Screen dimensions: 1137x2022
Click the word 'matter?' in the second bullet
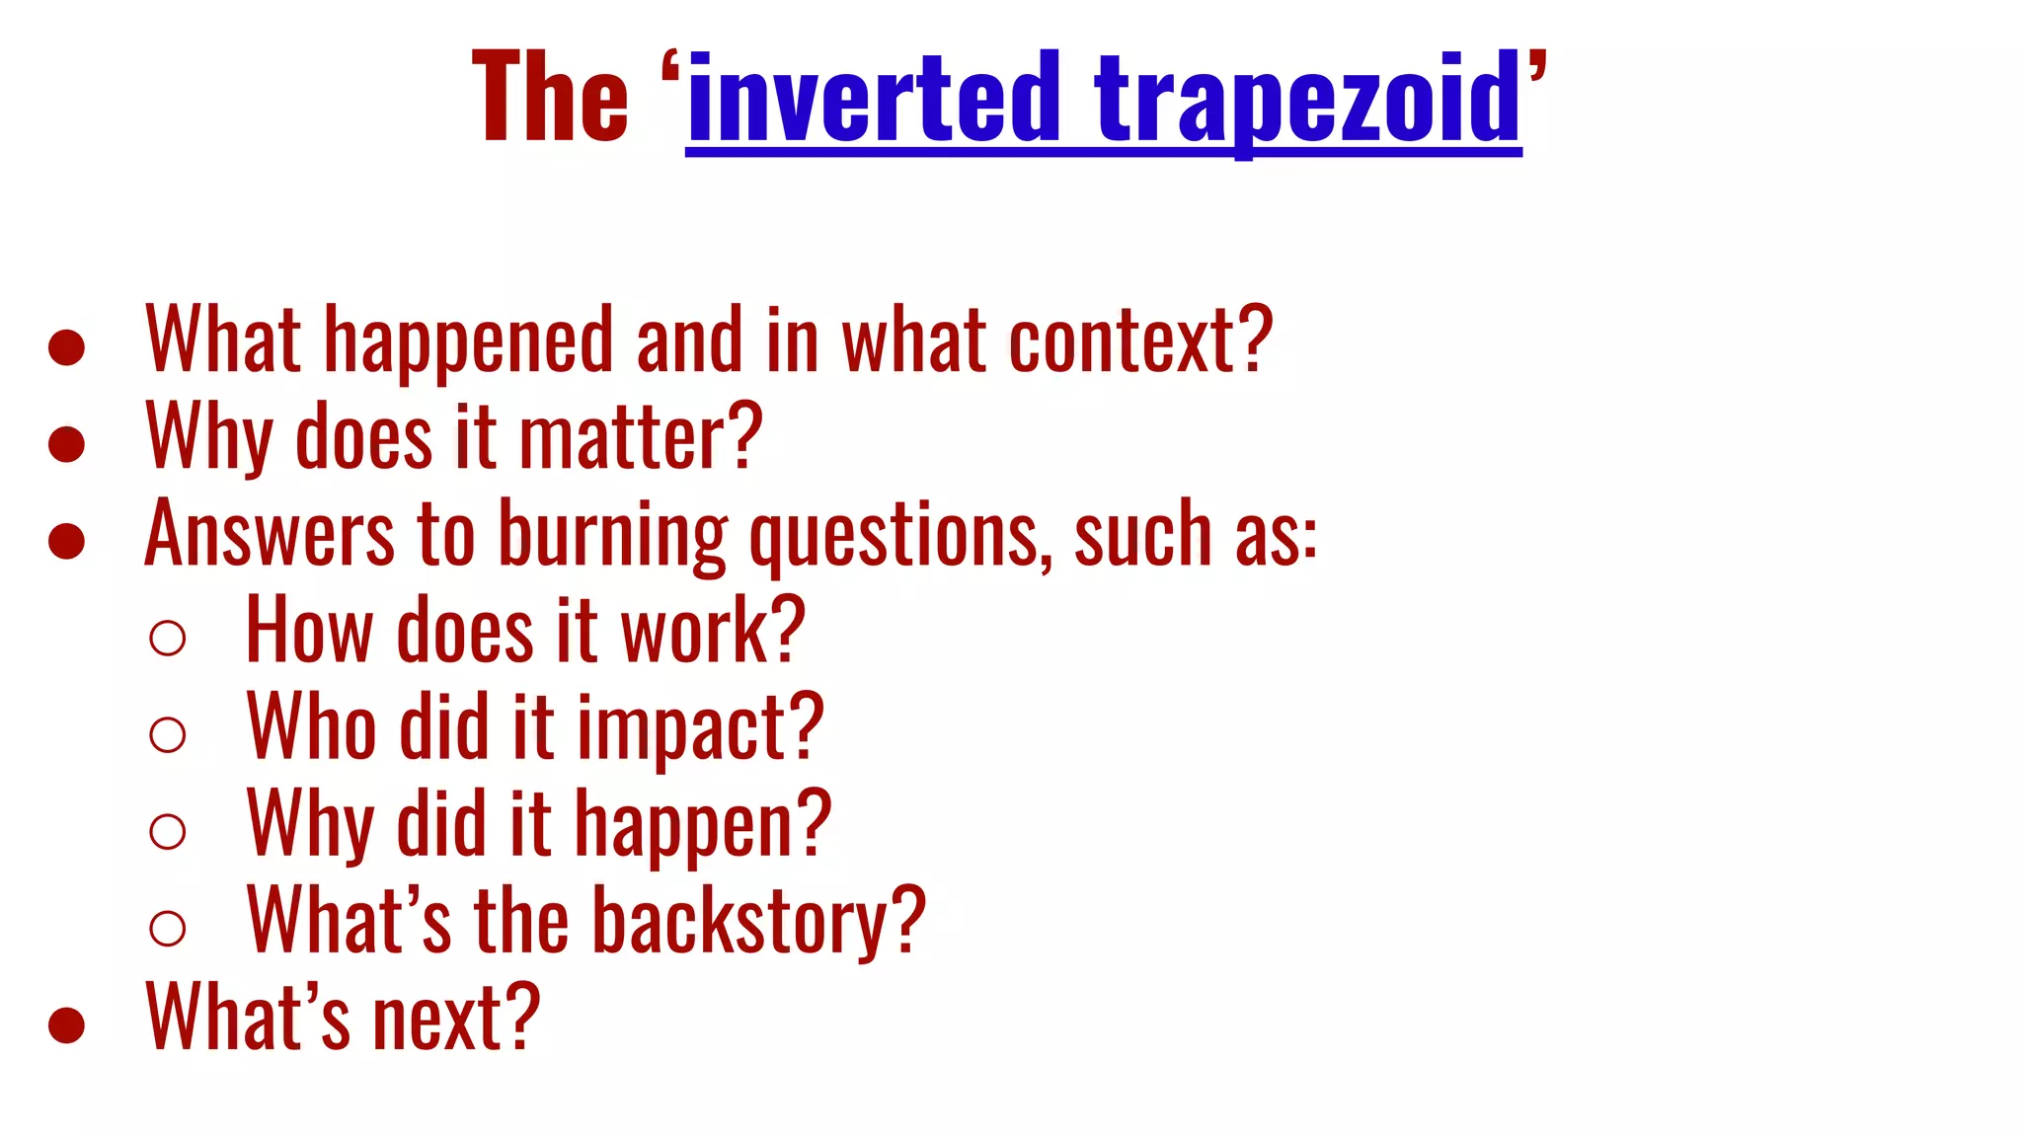point(641,437)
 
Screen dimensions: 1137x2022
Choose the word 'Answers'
point(270,534)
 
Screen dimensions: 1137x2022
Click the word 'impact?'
point(700,728)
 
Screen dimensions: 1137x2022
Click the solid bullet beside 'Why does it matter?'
point(66,444)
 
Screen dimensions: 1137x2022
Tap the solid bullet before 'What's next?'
point(66,1024)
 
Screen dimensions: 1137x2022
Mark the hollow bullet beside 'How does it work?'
point(168,638)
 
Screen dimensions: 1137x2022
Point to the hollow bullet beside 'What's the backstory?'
point(168,928)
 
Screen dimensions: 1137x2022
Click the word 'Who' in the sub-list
point(311,727)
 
